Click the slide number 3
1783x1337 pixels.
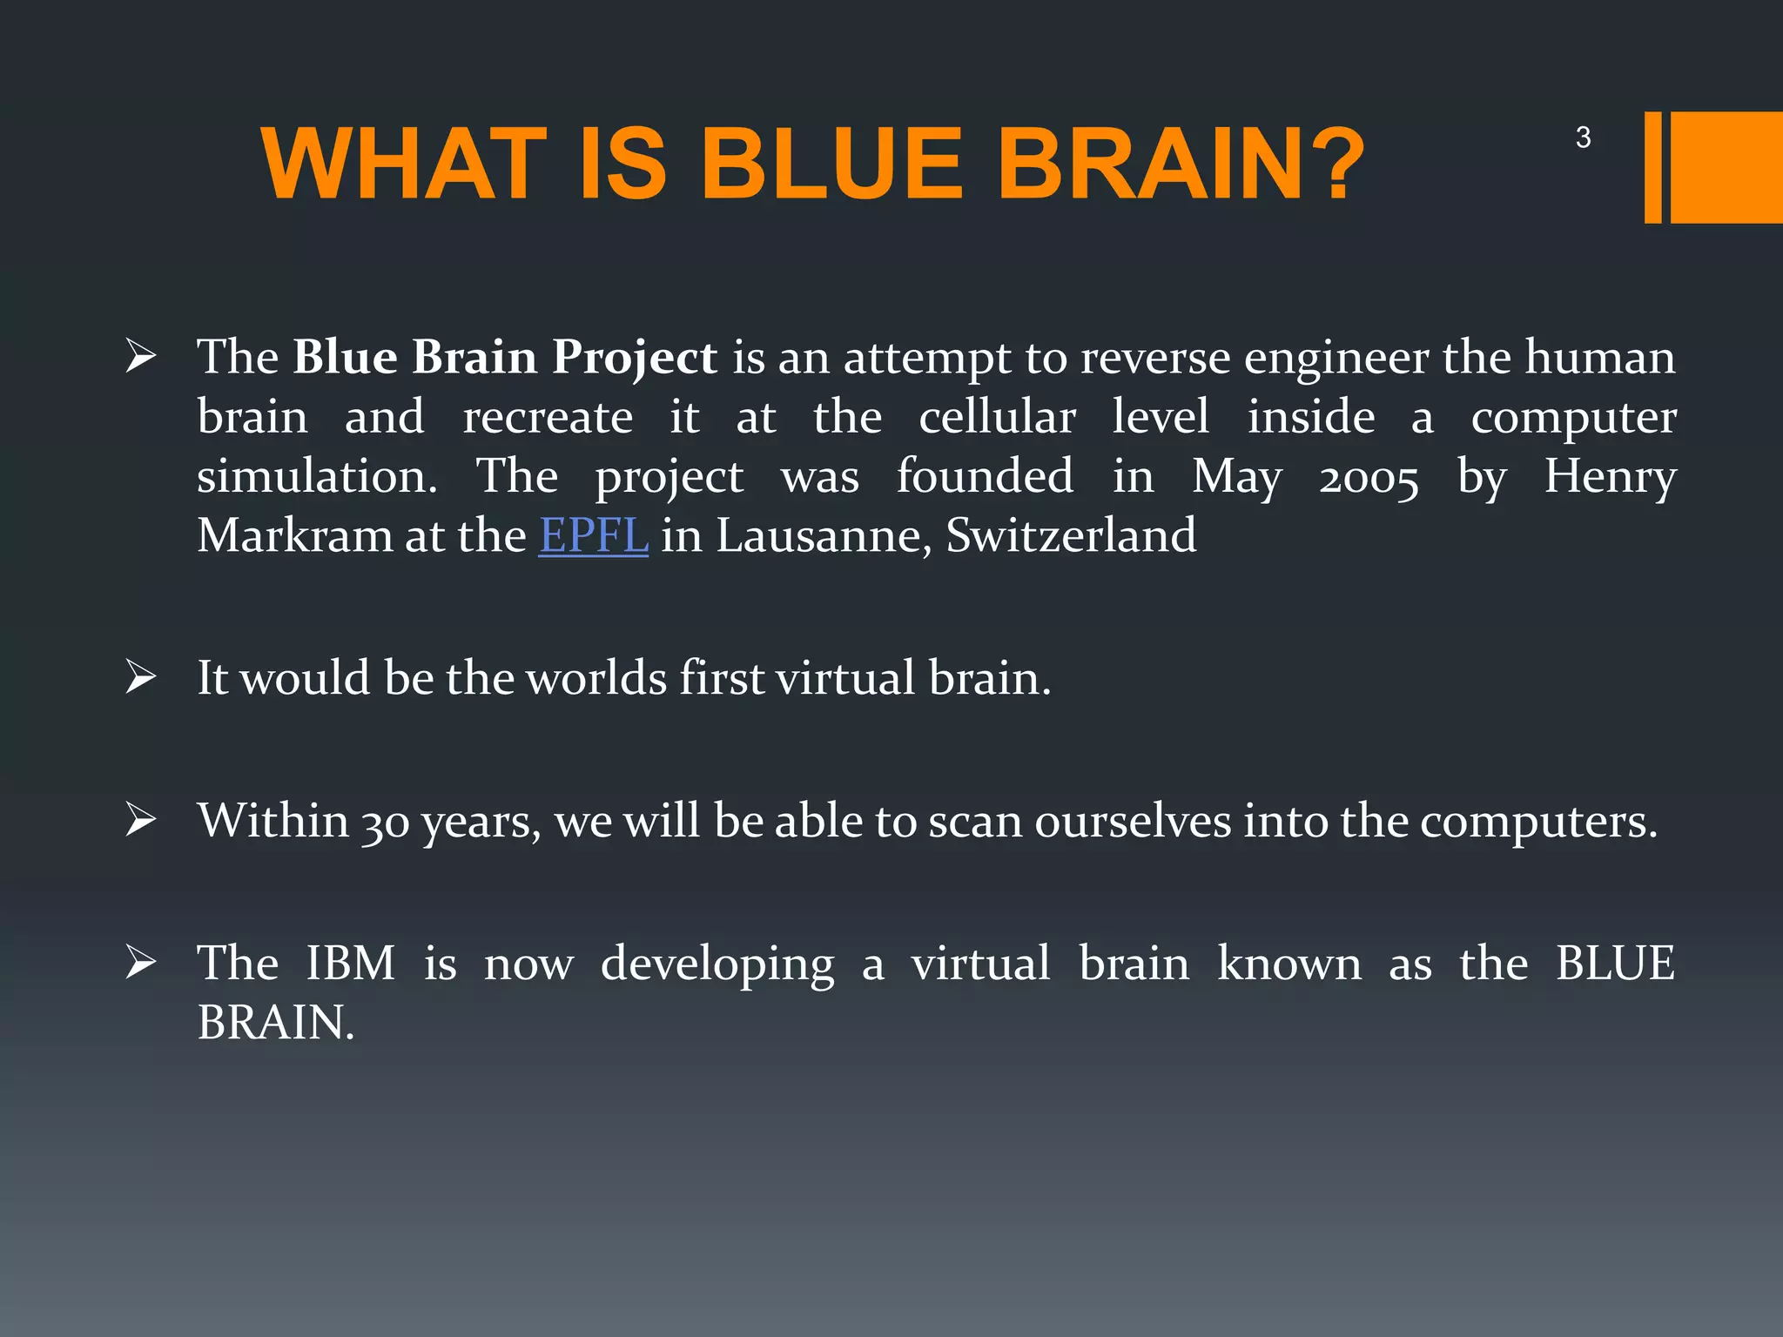[x=1583, y=138]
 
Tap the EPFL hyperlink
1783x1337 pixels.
[x=593, y=535]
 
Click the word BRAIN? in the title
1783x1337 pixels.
[x=1181, y=165]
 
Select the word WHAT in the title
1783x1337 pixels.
[x=404, y=165]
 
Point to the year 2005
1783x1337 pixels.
[x=1368, y=478]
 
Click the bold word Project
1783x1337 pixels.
[x=635, y=358]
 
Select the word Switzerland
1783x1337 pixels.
[x=1071, y=535]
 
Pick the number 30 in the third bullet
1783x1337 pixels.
[x=385, y=823]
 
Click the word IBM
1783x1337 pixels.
[x=350, y=964]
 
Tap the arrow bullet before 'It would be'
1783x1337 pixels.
[x=140, y=677]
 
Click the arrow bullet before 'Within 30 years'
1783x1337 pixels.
[x=140, y=820]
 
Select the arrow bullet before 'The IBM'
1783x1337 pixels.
[x=140, y=963]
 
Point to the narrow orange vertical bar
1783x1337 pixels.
[x=1652, y=167]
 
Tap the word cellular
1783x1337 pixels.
[x=997, y=417]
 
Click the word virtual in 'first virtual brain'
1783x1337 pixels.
[x=844, y=678]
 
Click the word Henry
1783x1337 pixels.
[x=1610, y=478]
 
